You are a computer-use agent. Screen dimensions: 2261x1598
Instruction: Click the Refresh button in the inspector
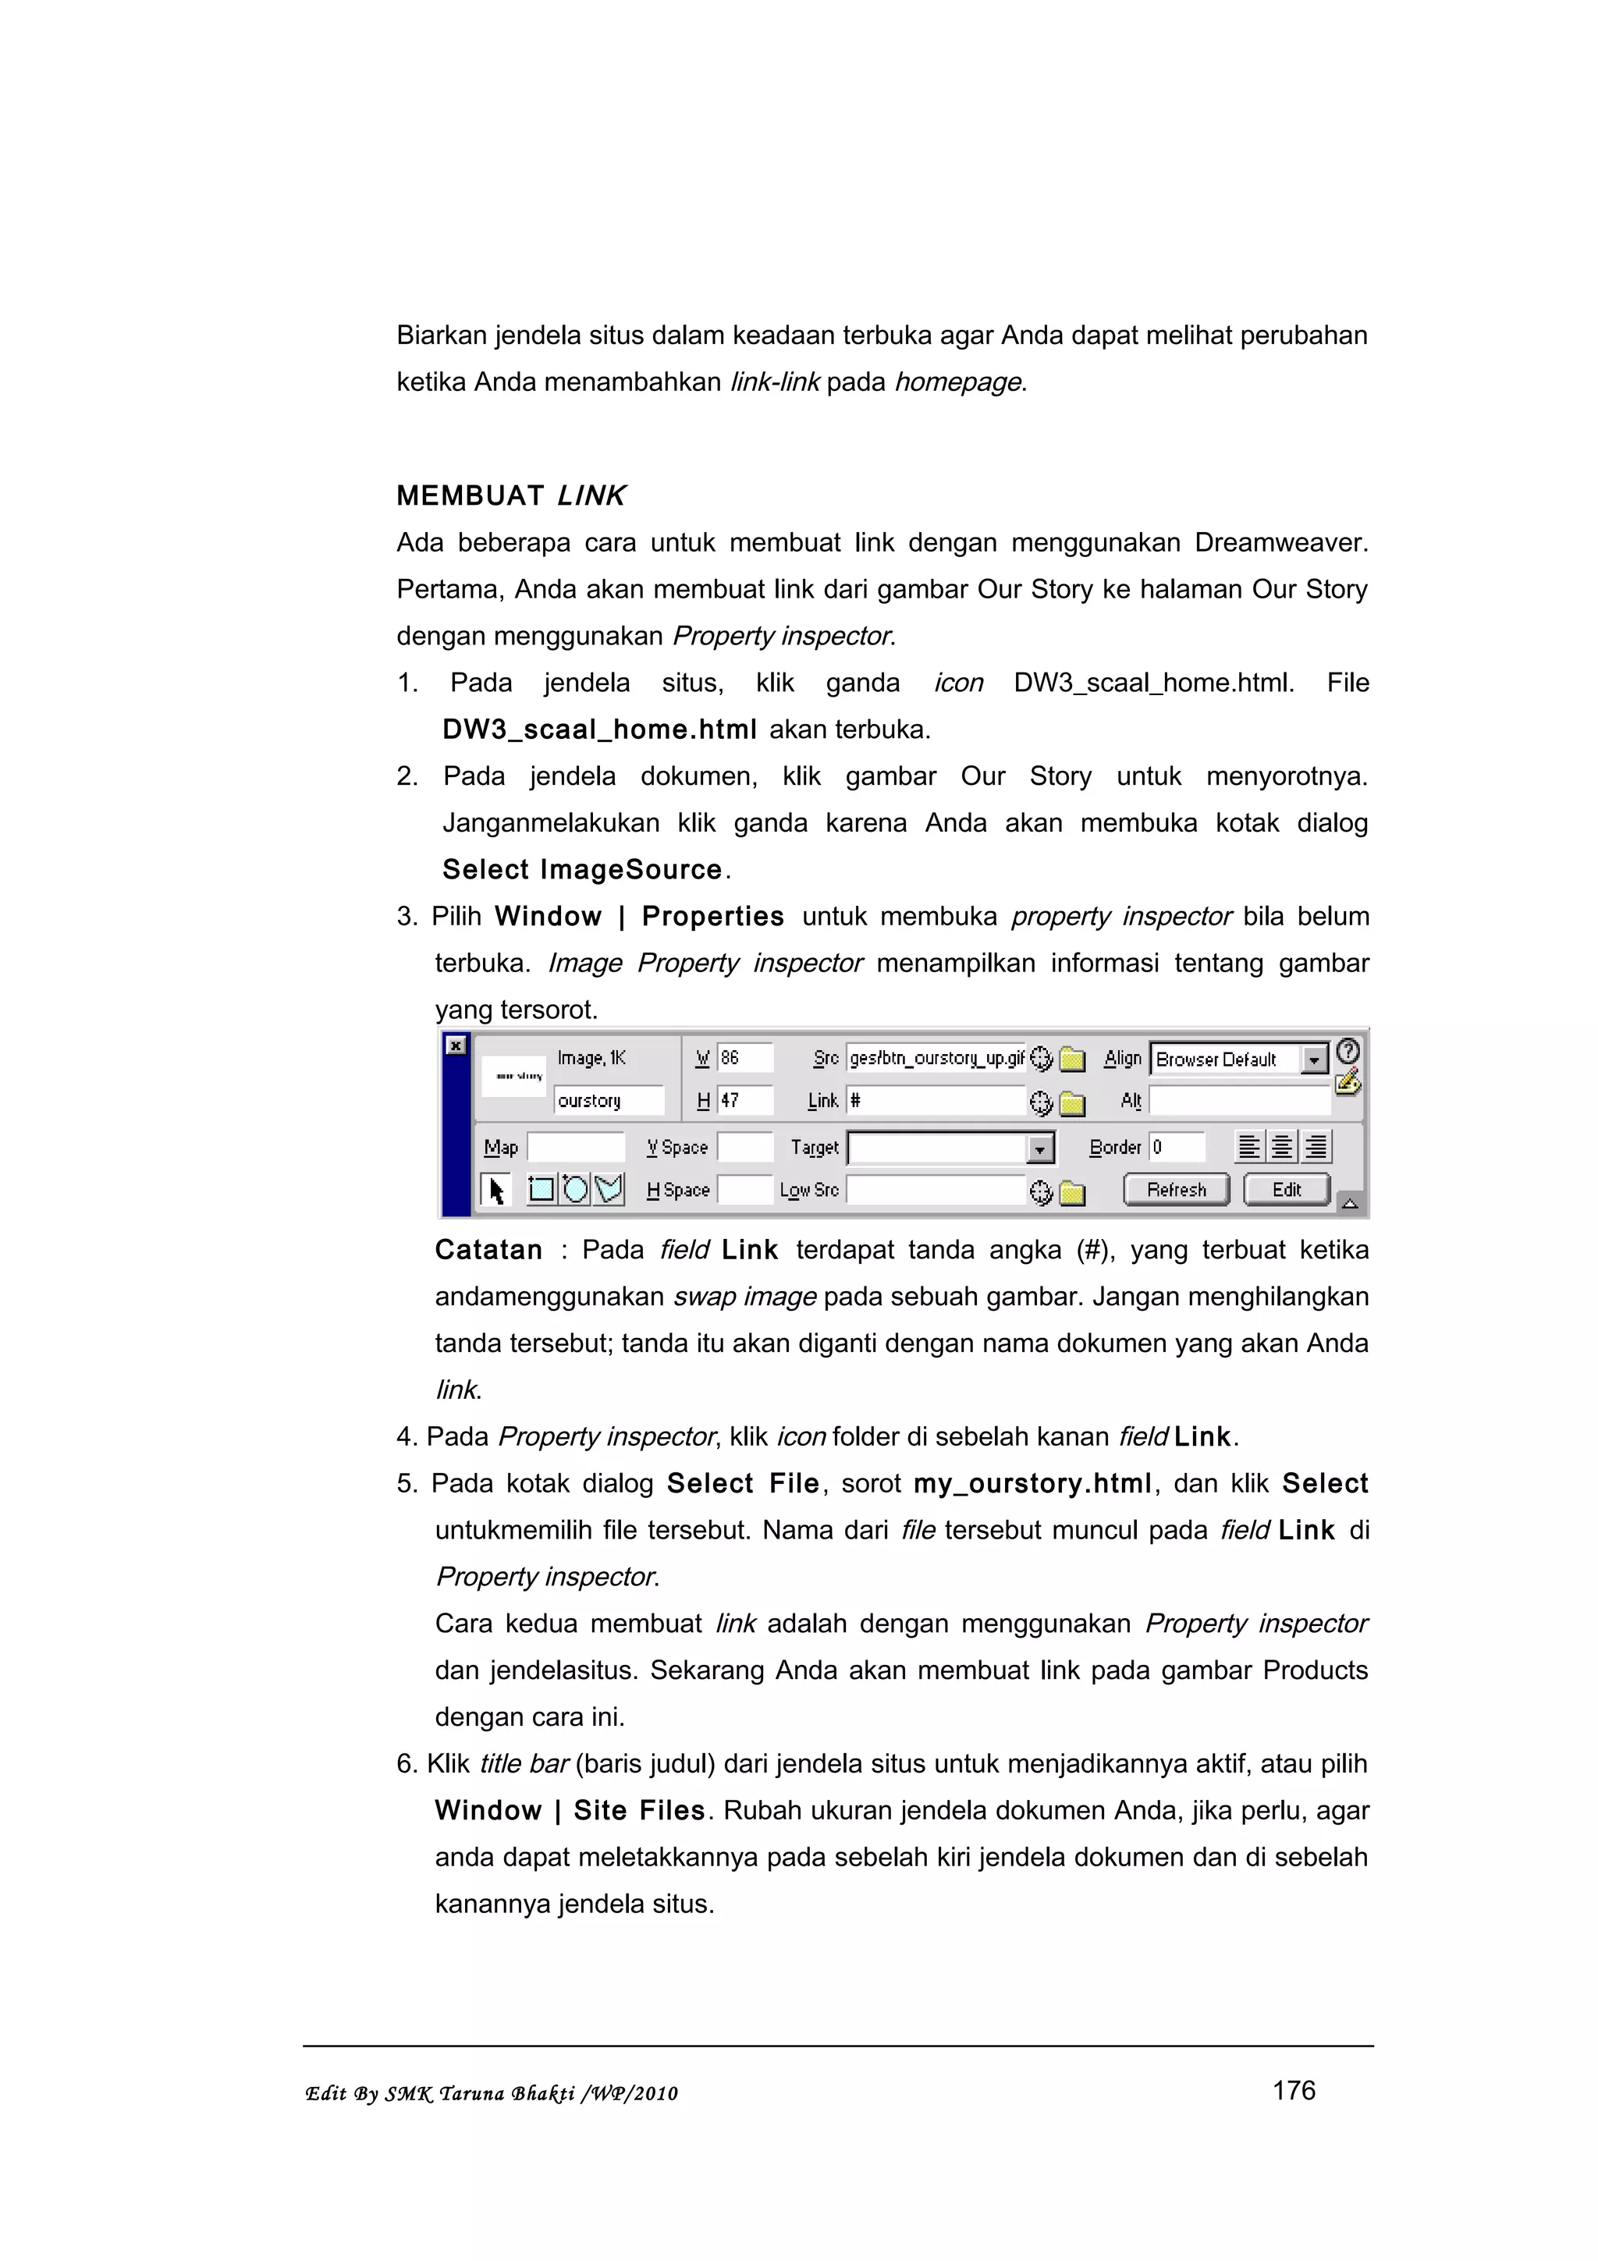pos(1176,1190)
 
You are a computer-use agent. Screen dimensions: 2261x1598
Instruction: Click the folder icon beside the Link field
pos(1071,1103)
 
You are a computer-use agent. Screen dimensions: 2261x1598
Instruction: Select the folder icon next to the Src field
pos(1071,1060)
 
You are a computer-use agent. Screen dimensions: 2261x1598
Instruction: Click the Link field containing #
pos(936,1101)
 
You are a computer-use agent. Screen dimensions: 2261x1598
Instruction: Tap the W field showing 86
pos(744,1059)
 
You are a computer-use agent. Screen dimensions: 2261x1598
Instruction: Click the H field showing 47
pos(744,1101)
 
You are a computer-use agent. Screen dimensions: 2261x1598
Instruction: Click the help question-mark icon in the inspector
pos(1348,1051)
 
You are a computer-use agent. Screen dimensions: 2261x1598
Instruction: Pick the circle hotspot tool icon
pos(575,1190)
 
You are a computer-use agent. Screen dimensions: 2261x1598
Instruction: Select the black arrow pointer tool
pos(496,1191)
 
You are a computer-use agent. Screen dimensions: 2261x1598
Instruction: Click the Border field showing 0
pos(1177,1147)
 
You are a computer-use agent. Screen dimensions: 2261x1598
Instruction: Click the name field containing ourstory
pos(608,1101)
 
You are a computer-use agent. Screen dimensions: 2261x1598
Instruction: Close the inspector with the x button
pos(456,1045)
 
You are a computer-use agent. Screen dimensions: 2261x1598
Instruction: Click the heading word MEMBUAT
pos(470,495)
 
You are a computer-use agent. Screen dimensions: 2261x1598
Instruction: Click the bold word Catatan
pos(488,1250)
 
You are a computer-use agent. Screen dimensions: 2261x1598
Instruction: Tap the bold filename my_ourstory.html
pos(1032,1483)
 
